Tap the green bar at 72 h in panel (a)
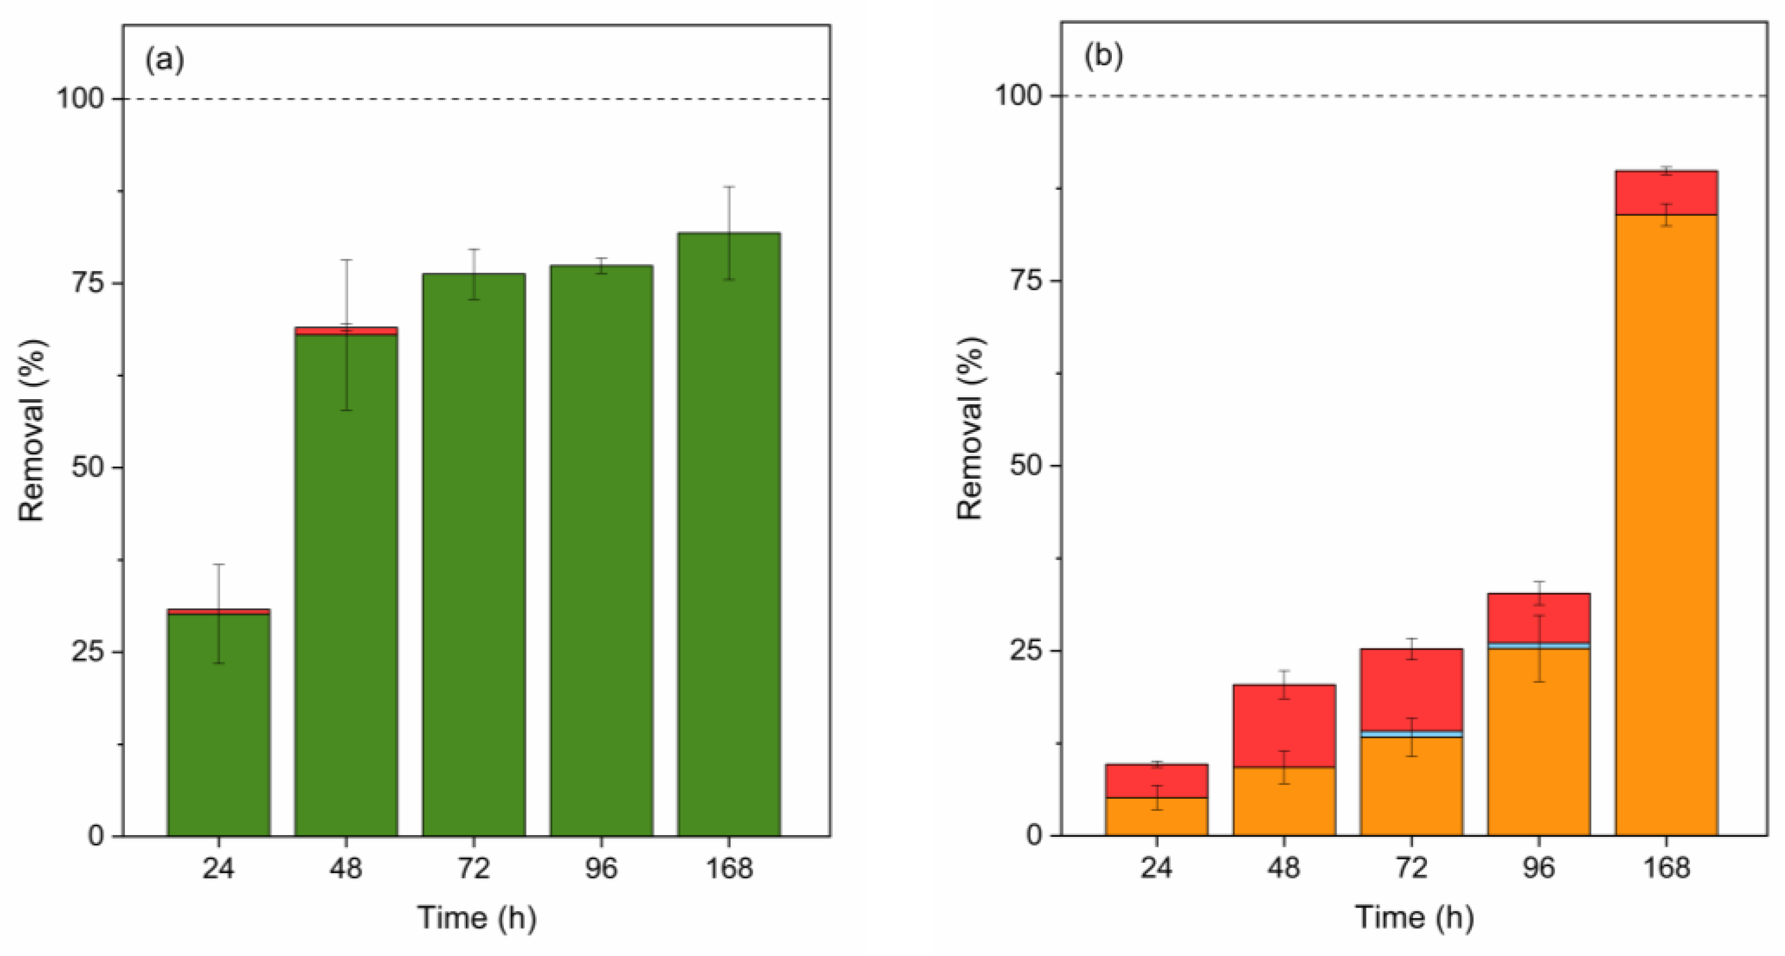tap(474, 555)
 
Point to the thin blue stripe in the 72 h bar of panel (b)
tap(1411, 734)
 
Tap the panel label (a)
tap(164, 60)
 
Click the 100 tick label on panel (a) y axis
tap(81, 99)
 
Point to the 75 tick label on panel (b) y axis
tap(1026, 281)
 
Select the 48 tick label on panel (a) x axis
tap(346, 868)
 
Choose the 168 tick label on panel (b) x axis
tap(1666, 868)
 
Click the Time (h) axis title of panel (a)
tap(477, 918)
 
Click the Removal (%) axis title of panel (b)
tap(970, 428)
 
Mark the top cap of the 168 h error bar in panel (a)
tap(729, 187)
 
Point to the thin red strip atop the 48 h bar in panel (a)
tap(346, 331)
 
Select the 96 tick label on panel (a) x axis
tap(601, 868)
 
